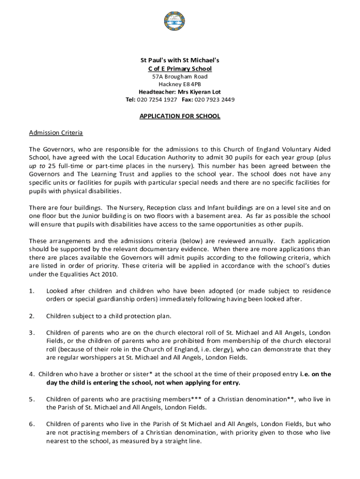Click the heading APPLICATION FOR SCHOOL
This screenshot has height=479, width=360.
tap(180, 116)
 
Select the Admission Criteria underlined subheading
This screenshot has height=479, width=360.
tap(56, 133)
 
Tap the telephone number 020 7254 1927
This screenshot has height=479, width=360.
tap(157, 100)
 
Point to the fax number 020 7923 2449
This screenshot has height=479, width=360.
tap(215, 100)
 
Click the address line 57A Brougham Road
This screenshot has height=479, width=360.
tap(180, 76)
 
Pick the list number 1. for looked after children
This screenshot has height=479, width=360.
tap(31, 291)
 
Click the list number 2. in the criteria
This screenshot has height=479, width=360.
tap(31, 316)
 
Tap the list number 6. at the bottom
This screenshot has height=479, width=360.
tap(31, 424)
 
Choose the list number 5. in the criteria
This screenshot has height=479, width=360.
tap(31, 399)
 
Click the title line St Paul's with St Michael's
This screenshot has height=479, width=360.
tap(180, 60)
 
